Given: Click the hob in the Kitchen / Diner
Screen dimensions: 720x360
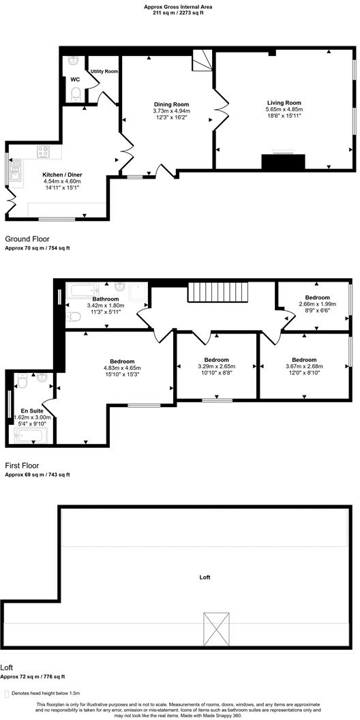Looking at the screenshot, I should [42, 151].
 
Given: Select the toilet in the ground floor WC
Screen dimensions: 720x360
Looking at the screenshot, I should [76, 93].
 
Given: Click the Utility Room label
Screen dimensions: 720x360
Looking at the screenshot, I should [104, 71].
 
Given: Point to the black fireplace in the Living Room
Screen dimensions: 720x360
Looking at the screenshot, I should [283, 162].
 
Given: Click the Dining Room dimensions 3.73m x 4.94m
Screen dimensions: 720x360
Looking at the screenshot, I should [171, 111].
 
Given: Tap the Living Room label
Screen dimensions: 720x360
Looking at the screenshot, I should [284, 103].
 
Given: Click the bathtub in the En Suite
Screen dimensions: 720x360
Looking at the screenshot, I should [28, 433].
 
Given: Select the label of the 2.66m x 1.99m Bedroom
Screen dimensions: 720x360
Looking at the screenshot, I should [317, 297].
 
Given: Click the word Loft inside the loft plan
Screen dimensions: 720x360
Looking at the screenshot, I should [205, 577].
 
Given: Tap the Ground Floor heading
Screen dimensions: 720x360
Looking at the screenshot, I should [27, 240].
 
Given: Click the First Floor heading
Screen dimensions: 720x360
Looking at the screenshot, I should [25, 465].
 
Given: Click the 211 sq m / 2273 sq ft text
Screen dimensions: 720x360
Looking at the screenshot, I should [180, 12].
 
